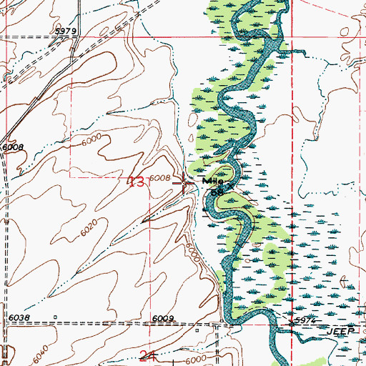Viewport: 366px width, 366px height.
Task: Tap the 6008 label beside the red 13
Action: (x=160, y=179)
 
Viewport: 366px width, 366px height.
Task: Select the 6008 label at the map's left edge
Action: (x=13, y=147)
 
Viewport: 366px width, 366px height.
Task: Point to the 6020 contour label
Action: (x=89, y=231)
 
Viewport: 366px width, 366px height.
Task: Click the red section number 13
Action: (x=137, y=182)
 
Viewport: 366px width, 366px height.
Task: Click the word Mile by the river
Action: (x=213, y=182)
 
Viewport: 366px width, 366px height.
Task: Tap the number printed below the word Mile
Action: (x=217, y=192)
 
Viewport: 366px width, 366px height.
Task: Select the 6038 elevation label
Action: (x=19, y=317)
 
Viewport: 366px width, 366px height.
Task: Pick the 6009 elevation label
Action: (x=163, y=320)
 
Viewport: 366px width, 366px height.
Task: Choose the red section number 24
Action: (x=148, y=355)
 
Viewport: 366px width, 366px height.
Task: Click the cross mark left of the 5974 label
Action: (x=290, y=323)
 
